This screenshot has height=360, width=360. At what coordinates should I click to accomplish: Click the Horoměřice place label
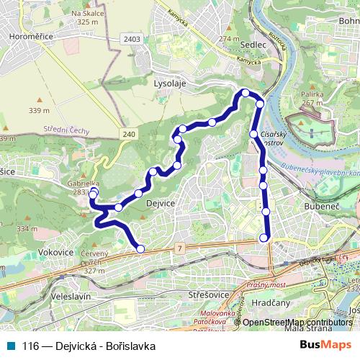26,33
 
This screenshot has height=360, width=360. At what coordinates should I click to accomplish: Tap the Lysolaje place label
170,83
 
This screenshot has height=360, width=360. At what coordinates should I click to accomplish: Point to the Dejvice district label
161,204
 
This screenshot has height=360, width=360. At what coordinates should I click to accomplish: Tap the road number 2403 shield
131,38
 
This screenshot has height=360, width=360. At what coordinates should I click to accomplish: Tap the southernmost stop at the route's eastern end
264,238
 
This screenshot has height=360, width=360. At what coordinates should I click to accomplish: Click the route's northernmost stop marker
246,93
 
